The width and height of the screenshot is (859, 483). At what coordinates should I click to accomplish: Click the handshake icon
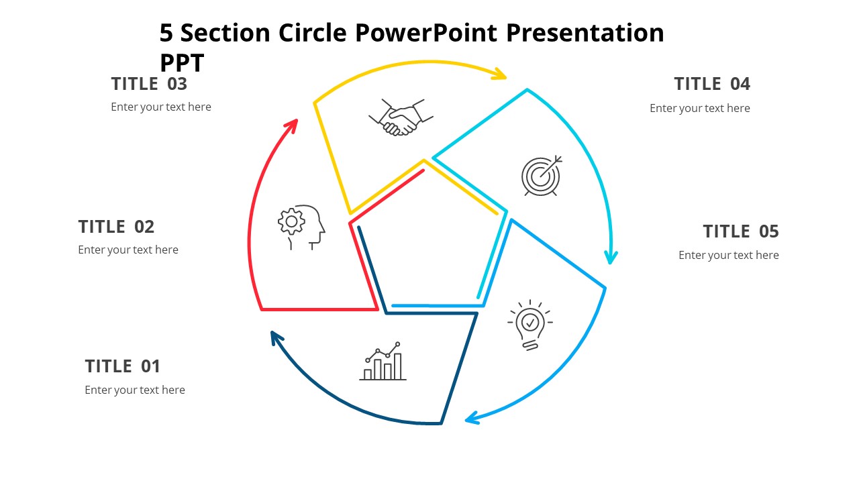pyautogui.click(x=401, y=118)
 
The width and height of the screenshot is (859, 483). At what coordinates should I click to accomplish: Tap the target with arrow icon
pyautogui.click(x=541, y=176)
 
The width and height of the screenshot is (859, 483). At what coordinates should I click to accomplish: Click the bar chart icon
pyautogui.click(x=383, y=362)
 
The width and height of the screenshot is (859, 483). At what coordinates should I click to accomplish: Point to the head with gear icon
pyautogui.click(x=301, y=227)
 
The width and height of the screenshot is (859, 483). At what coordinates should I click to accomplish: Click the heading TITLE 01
pyautogui.click(x=123, y=366)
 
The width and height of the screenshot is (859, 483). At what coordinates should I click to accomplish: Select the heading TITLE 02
pyautogui.click(x=116, y=227)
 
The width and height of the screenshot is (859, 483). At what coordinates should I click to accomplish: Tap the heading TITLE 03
pyautogui.click(x=149, y=84)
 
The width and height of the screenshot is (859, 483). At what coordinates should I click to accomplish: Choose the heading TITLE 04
pyautogui.click(x=712, y=84)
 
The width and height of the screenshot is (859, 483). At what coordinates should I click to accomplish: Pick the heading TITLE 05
pyautogui.click(x=741, y=231)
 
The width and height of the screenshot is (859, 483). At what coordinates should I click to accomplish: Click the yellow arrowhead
pyautogui.click(x=499, y=74)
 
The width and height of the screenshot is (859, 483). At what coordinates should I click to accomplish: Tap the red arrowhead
pyautogui.click(x=291, y=125)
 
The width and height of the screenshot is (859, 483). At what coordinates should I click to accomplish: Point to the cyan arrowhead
pyautogui.click(x=610, y=257)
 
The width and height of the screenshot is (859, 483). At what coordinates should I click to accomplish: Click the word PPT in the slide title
pyautogui.click(x=182, y=63)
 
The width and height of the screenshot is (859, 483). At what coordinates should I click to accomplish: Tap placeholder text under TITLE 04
pyautogui.click(x=699, y=108)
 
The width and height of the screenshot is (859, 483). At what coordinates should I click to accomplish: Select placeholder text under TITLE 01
pyautogui.click(x=135, y=390)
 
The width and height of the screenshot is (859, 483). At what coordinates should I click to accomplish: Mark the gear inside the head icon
pyautogui.click(x=291, y=221)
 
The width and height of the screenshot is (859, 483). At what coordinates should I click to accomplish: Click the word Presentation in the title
pyautogui.click(x=585, y=32)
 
